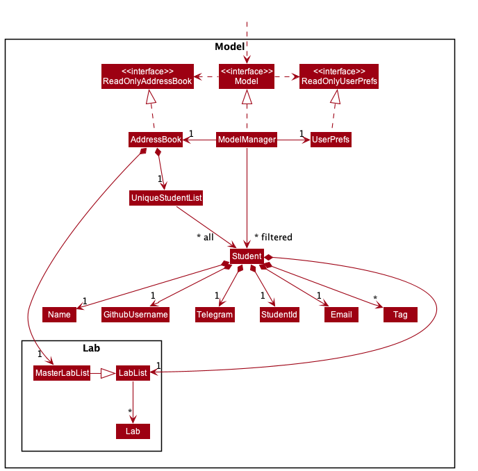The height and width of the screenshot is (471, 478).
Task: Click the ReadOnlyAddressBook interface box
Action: tap(147, 76)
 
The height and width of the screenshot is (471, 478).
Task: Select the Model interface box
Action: tap(247, 76)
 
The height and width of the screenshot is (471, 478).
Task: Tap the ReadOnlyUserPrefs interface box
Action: tap(339, 76)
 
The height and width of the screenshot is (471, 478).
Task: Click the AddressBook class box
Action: tap(156, 140)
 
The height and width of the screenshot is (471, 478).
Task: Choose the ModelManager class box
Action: tap(247, 140)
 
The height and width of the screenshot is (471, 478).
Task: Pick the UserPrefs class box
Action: tap(331, 140)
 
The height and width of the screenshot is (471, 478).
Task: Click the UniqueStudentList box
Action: tap(166, 198)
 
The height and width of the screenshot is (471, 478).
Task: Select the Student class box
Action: tap(247, 256)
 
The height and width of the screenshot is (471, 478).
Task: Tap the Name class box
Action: tap(59, 315)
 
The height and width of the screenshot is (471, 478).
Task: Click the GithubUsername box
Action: tap(135, 315)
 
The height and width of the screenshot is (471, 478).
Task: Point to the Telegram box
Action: tap(215, 315)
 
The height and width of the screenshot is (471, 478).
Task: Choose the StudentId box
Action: tap(279, 315)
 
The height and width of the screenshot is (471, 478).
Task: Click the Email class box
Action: tap(341, 315)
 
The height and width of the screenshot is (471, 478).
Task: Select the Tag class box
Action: tap(400, 315)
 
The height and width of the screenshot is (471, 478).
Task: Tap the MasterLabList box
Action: tap(62, 373)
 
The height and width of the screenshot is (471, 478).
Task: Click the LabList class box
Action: tap(133, 373)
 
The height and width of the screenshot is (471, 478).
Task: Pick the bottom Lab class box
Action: tap(133, 431)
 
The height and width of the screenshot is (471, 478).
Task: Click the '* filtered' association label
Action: tap(273, 238)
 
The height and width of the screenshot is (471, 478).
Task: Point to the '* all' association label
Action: tap(205, 238)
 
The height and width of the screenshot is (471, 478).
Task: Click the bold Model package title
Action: tap(229, 47)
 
